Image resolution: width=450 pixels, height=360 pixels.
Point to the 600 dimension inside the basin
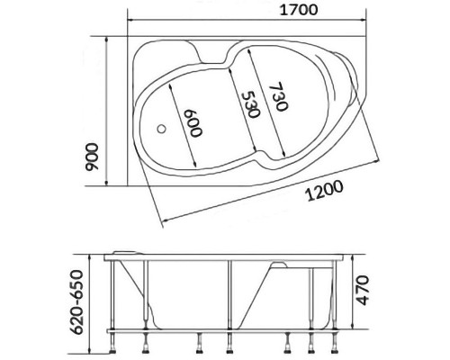(x=192, y=123)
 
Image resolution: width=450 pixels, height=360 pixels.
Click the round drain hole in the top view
(x=162, y=127)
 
